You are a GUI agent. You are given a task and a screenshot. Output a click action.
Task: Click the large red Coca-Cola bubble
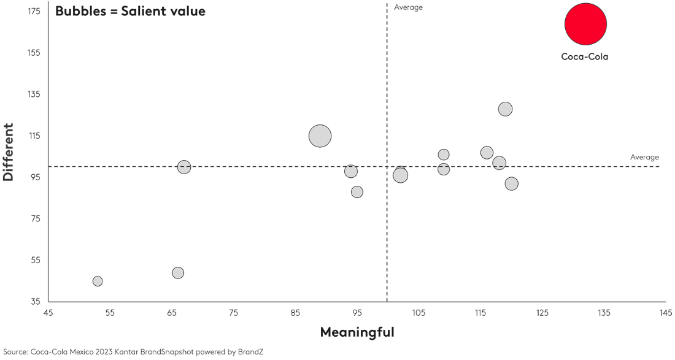click(585, 24)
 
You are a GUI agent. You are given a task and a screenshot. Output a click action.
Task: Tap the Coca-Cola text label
click(584, 56)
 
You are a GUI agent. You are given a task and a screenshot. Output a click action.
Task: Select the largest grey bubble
click(320, 136)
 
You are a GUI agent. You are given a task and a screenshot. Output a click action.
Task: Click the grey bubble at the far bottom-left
click(98, 281)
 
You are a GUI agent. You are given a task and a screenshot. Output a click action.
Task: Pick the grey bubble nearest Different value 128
click(505, 109)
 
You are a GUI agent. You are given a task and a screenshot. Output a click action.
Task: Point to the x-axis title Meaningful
click(357, 332)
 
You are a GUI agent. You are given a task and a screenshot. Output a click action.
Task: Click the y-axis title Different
click(9, 152)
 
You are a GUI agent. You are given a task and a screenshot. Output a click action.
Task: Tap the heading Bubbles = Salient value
click(130, 11)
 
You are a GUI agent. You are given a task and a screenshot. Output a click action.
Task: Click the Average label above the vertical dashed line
click(408, 7)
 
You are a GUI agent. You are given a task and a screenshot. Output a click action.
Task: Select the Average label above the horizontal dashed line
click(644, 157)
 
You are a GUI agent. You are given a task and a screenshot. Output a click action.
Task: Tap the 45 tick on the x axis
click(48, 313)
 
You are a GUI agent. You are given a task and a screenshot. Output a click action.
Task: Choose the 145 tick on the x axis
click(665, 313)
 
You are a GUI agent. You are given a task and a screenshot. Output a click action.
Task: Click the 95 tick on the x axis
click(357, 313)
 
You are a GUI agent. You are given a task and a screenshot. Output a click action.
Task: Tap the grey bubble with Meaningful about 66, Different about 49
click(178, 273)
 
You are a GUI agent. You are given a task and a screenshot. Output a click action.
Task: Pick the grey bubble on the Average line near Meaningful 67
click(184, 167)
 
